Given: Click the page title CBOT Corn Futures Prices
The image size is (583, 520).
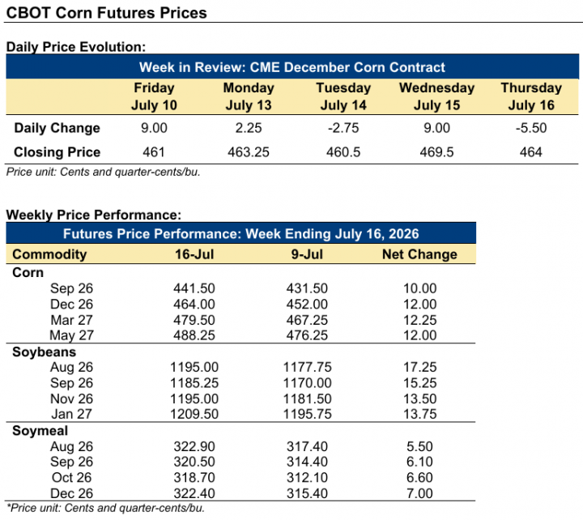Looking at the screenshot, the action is pos(106,13).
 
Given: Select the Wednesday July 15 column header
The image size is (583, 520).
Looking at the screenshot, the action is pos(437,96).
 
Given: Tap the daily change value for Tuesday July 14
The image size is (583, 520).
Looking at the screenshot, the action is pos(343,128).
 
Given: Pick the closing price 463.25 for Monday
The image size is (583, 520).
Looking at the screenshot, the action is pos(249,152).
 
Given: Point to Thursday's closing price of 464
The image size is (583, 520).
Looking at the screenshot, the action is pos(531,152).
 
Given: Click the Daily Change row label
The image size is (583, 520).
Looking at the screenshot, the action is pos(57,128).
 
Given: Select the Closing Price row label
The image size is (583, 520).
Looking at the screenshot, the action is pos(57,152).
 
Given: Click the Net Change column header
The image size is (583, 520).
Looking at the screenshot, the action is pos(419,254).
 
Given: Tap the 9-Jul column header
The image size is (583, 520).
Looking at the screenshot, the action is pos(307,254).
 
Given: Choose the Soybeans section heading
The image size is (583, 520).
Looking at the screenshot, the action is pos(44,352).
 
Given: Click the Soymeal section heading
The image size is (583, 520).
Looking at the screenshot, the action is pos(40,431).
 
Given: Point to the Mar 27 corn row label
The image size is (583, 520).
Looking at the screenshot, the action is pos(71,320).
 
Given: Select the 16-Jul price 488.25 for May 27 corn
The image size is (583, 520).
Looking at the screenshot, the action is pos(194,335).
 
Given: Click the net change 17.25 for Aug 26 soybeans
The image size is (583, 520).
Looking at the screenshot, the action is pos(420,367).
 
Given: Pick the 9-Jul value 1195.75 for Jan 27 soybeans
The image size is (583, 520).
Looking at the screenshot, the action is pos(307,414).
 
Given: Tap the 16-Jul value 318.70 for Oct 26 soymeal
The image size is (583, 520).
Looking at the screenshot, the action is pos(194,478).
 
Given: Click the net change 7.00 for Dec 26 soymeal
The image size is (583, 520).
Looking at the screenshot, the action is pos(419,493).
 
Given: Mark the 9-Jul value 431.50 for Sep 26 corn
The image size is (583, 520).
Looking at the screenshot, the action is pos(307,288).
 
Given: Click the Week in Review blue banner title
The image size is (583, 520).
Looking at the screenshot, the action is pos(291,67).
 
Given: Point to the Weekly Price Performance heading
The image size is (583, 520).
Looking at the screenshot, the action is pos(94,215).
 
